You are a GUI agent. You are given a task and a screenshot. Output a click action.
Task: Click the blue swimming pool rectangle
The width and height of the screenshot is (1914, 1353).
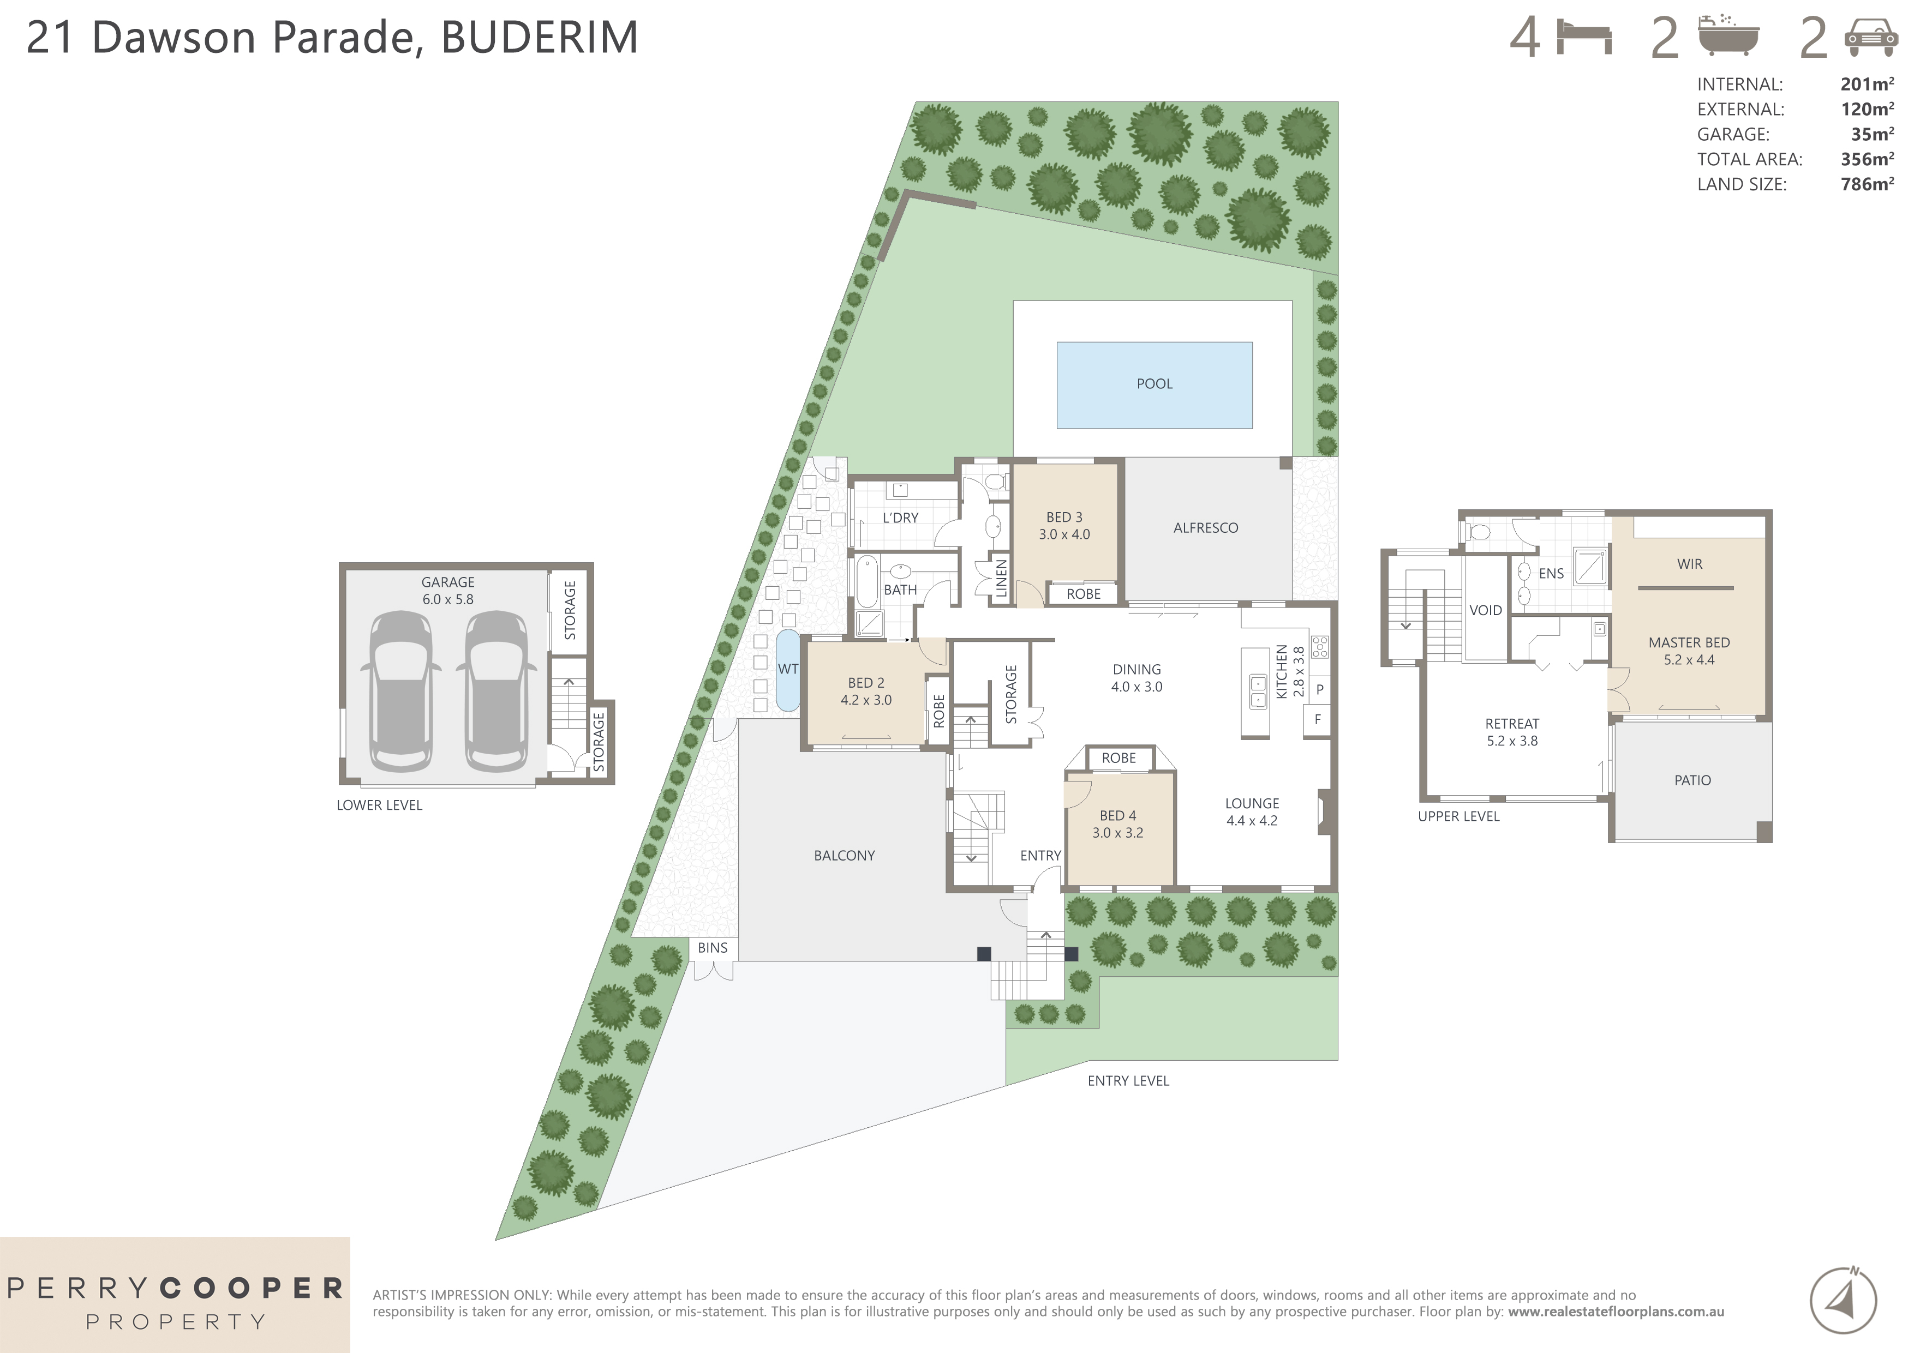click(x=1154, y=385)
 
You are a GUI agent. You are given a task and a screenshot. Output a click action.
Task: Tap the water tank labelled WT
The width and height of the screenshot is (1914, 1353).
click(x=786, y=670)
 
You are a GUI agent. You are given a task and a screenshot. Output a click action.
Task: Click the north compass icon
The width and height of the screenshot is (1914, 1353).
click(x=1843, y=1300)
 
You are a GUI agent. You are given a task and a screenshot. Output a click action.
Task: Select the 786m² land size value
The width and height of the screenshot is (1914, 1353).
click(x=1867, y=184)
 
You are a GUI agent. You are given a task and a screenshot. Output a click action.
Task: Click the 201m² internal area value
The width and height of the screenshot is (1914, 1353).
click(x=1867, y=84)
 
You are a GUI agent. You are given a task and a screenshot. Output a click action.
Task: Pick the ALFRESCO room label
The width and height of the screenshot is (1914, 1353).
click(x=1205, y=527)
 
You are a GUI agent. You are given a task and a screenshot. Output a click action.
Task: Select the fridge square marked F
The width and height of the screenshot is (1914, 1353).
click(x=1317, y=719)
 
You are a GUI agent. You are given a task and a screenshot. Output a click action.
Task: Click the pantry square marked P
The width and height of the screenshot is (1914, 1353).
click(x=1319, y=690)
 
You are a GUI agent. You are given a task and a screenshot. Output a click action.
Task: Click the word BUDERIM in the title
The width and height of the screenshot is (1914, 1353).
click(x=540, y=38)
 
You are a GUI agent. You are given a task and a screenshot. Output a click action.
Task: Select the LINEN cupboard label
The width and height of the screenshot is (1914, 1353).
click(x=1001, y=578)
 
